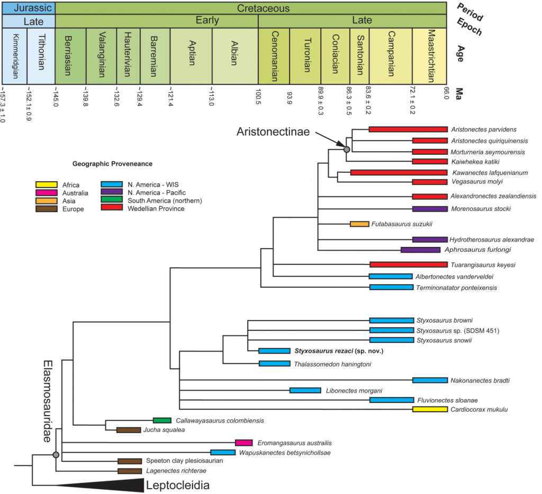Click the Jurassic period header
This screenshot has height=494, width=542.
29,7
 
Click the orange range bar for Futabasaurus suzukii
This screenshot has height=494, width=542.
359,224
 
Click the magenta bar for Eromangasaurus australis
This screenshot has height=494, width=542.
243,442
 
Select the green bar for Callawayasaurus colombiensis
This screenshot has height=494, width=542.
162,420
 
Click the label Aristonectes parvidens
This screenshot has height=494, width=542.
476,129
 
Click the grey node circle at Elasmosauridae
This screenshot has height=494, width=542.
56,454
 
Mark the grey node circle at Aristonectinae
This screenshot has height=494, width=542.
347,150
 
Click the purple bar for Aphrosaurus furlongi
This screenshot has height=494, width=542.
420,250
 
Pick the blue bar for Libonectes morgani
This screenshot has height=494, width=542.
305,391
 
